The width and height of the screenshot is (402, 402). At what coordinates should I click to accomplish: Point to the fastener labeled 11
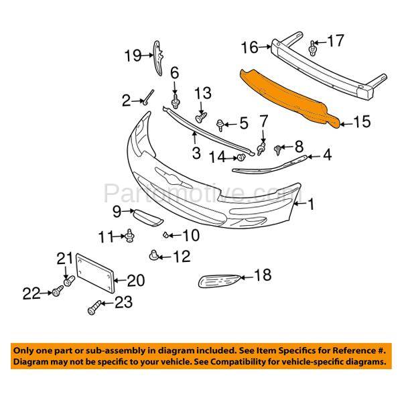coord(130,234)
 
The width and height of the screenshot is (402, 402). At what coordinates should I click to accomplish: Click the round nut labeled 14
coord(239,157)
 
